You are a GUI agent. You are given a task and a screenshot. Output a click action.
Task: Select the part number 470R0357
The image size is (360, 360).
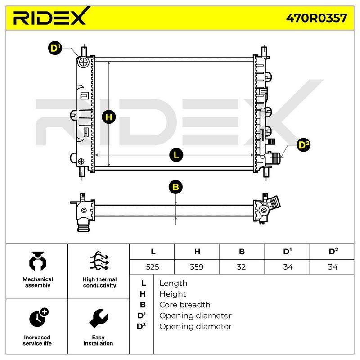pyautogui.click(x=316, y=18)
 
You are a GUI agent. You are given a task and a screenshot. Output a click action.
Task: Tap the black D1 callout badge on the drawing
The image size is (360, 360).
pyautogui.click(x=55, y=48)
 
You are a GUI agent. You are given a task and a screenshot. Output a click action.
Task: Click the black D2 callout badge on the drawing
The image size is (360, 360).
pyautogui.click(x=303, y=145)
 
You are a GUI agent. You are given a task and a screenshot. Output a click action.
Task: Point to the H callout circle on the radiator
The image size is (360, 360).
pyautogui.click(x=109, y=117)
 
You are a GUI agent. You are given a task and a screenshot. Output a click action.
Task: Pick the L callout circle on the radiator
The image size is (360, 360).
pyautogui.click(x=176, y=155)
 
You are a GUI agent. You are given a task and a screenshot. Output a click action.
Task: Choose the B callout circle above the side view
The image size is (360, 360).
pyautogui.click(x=175, y=187)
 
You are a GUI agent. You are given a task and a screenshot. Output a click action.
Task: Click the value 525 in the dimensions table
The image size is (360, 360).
pyautogui.click(x=153, y=267)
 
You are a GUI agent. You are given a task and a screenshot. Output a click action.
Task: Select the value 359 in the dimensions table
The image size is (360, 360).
pyautogui.click(x=197, y=267)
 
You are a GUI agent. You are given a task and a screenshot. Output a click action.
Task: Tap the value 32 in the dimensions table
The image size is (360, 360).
pyautogui.click(x=241, y=267)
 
